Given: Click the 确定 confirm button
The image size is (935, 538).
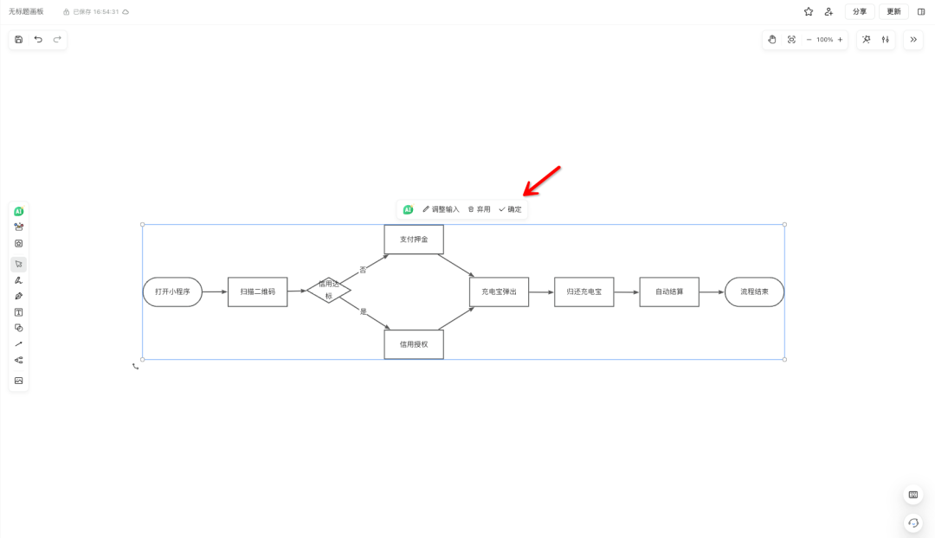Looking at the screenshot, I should (510, 209).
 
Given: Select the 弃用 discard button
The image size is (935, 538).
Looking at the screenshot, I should (479, 209).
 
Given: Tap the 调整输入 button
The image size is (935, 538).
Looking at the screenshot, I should (441, 209).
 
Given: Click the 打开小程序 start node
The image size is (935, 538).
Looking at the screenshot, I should (172, 292).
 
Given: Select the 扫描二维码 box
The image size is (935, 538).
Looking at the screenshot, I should (257, 292).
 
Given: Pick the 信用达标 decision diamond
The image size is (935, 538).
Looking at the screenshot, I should (329, 291).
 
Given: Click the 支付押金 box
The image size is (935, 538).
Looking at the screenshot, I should (414, 240).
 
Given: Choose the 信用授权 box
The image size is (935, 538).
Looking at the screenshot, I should (414, 344).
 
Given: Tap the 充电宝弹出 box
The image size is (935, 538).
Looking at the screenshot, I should (499, 292).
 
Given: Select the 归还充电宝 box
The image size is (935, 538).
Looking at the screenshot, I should (584, 292).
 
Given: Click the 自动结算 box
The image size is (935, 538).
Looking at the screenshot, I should (669, 292).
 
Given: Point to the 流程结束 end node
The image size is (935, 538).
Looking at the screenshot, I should (754, 292).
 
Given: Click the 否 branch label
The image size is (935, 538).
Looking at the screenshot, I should (363, 270).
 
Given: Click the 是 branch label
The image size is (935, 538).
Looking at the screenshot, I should (364, 311).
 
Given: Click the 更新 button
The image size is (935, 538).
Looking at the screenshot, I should (893, 12).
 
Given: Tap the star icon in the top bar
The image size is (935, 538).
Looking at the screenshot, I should (809, 12).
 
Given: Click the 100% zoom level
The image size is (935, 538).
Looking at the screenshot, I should (824, 40).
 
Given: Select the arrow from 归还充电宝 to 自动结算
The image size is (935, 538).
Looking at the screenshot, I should (627, 292).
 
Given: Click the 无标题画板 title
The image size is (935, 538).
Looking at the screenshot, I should (26, 12).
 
